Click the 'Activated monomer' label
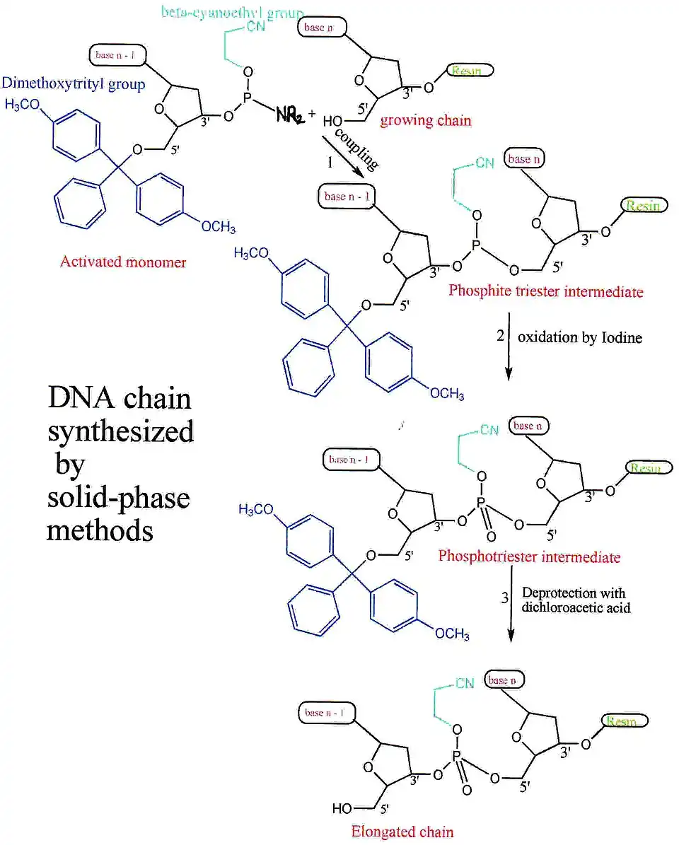pyautogui.click(x=123, y=262)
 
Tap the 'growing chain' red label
pyautogui.click(x=426, y=120)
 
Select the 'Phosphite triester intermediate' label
pyautogui.click(x=546, y=291)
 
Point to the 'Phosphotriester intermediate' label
pyautogui.click(x=529, y=556)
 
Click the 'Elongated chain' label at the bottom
pyautogui.click(x=402, y=831)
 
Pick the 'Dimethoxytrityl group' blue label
pyautogui.click(x=74, y=84)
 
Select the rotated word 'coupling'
pyautogui.click(x=356, y=150)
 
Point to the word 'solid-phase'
pyautogui.click(x=118, y=498)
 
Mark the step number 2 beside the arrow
pyautogui.click(x=500, y=336)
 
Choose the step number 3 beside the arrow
pyautogui.click(x=505, y=599)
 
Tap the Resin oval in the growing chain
pyautogui.click(x=470, y=71)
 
